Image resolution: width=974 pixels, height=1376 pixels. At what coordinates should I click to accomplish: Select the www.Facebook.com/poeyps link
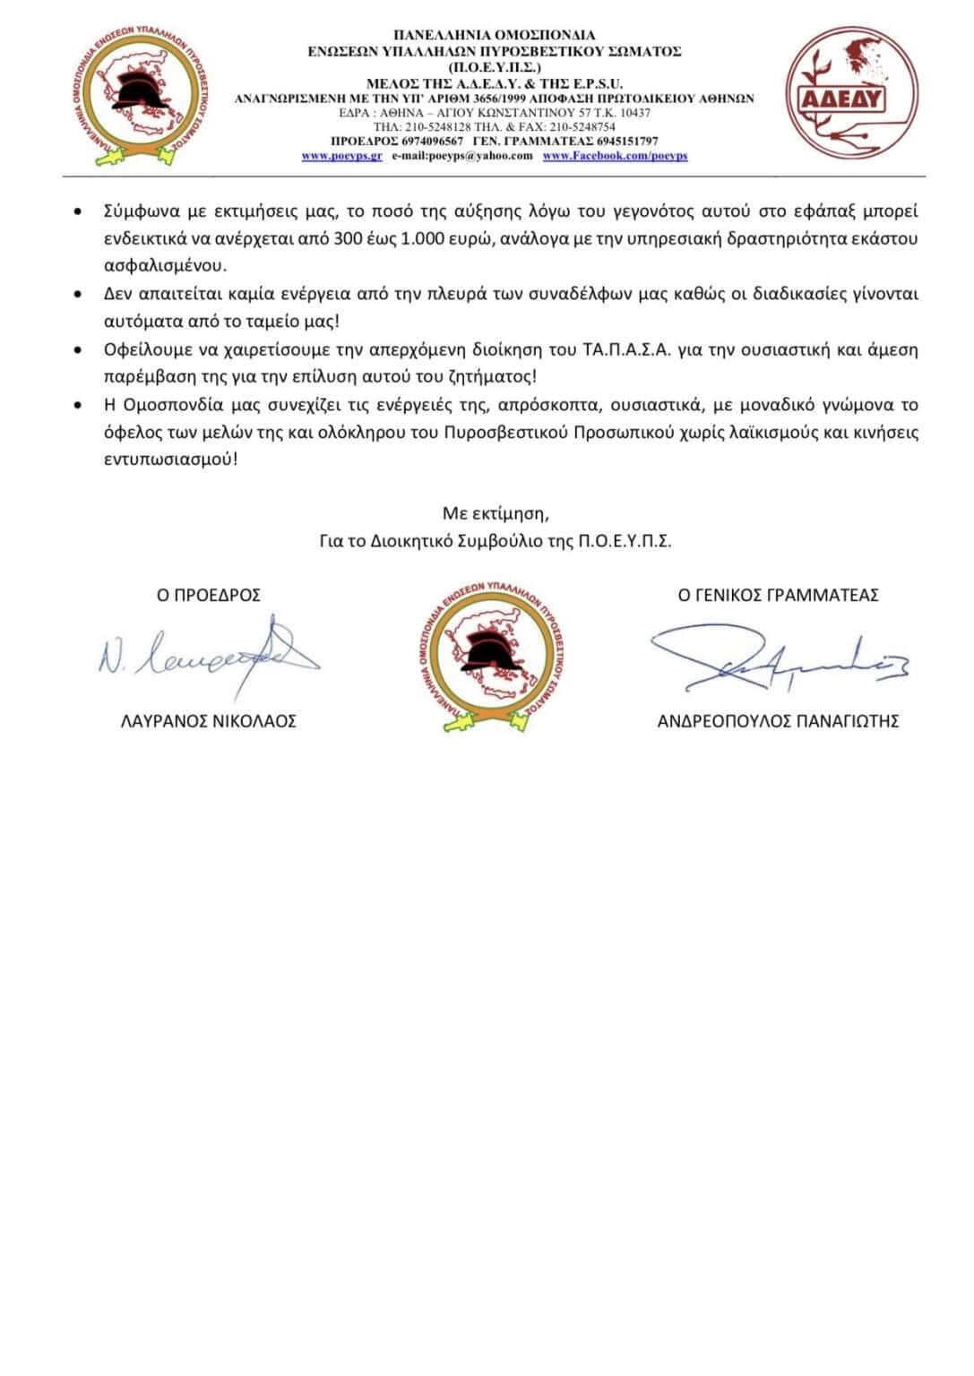(x=615, y=156)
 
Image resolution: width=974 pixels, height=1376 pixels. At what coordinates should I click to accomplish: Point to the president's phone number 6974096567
(x=434, y=142)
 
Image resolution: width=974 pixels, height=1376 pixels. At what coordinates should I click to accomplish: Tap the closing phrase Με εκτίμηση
(x=495, y=513)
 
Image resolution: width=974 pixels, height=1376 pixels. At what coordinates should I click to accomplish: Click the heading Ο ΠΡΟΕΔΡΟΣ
(x=209, y=595)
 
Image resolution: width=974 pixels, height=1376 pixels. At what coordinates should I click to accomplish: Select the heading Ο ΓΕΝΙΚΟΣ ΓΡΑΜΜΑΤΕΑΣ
(x=778, y=595)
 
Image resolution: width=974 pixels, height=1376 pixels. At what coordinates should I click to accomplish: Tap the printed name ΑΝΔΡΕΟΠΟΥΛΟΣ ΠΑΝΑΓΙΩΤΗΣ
(x=778, y=721)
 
